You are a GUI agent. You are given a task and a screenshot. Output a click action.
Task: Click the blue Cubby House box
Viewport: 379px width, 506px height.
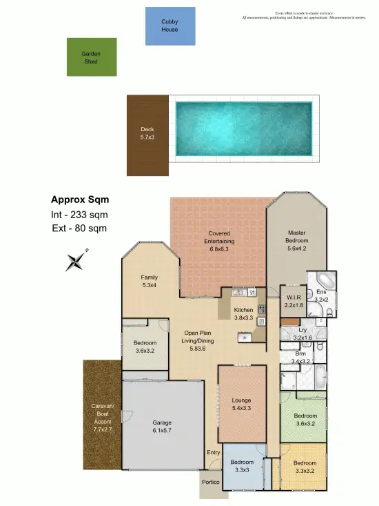[170, 26]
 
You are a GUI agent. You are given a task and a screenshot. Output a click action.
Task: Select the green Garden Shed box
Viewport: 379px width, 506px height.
[92, 57]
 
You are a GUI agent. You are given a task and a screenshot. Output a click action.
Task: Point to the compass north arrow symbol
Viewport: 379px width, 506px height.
[76, 260]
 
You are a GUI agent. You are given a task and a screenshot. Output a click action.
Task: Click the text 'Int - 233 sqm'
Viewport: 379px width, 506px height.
[80, 215]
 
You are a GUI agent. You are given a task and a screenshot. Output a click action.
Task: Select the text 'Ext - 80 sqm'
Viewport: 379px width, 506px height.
[79, 228]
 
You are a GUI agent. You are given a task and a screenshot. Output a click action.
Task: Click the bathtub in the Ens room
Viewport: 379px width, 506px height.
[323, 283]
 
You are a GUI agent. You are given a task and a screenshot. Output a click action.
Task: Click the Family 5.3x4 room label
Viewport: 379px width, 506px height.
[150, 280]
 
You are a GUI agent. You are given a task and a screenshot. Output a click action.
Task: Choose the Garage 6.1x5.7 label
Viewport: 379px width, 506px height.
[162, 426]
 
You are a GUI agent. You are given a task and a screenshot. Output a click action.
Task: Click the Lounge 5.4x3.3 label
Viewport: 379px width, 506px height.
[242, 405]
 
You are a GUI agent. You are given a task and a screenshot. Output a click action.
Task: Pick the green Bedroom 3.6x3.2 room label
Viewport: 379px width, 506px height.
[305, 420]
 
